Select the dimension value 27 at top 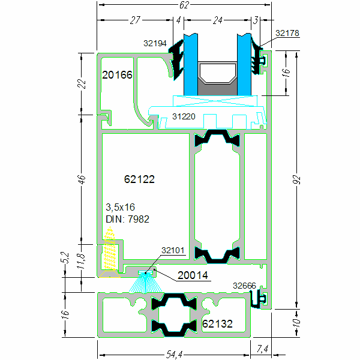point(135,20)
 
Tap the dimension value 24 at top point(217,20)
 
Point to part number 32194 point(156,43)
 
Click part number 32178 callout point(287,33)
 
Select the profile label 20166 point(117,75)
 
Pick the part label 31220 point(184,116)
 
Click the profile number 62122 point(139,179)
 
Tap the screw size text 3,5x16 point(120,208)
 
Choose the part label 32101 point(173,251)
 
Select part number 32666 point(245,286)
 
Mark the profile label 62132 point(218,324)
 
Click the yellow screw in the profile point(109,255)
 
